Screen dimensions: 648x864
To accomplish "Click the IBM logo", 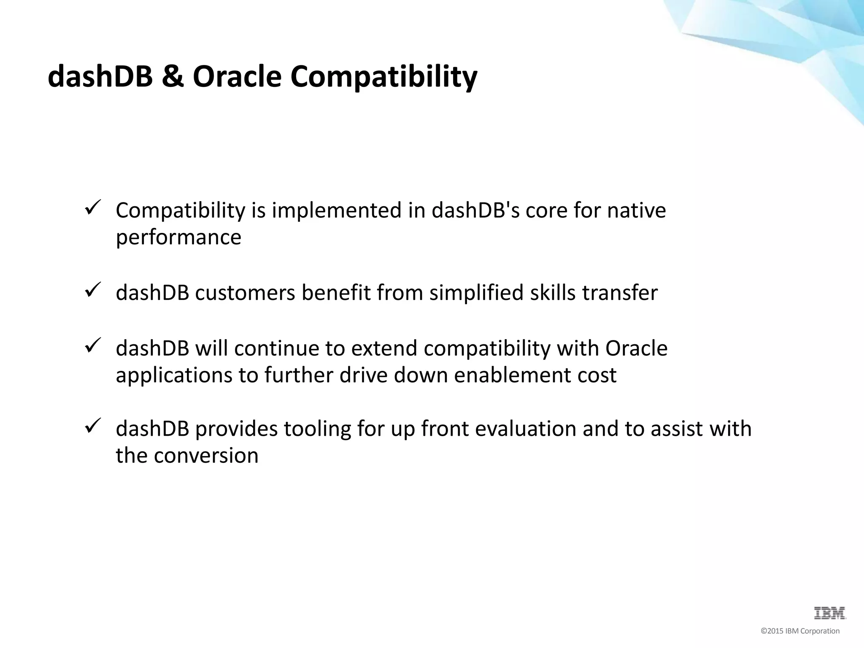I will tap(829, 613).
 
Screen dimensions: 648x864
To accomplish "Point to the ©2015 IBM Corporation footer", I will tap(800, 631).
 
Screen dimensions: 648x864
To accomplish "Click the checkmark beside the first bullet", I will tap(92, 208).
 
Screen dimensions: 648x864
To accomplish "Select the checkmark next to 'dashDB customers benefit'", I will tap(92, 290).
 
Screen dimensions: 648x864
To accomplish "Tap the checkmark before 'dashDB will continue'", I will tap(92, 346).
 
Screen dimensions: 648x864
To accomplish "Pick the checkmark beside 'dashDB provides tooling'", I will tap(92, 426).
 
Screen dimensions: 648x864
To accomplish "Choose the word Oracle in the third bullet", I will tap(636, 348).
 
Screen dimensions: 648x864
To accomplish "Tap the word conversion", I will tap(206, 455).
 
